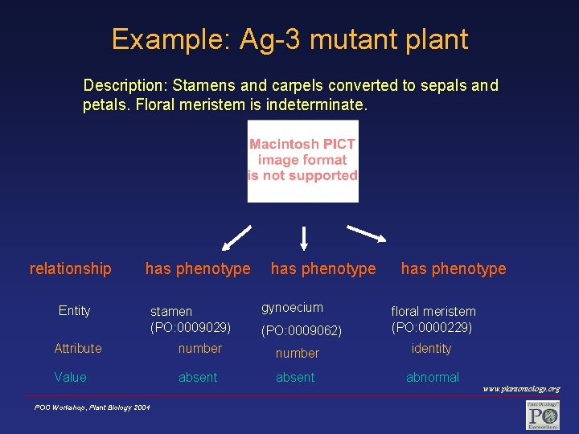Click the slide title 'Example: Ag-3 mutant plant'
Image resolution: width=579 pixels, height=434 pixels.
point(289,39)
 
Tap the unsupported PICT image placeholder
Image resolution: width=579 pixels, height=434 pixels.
point(302,161)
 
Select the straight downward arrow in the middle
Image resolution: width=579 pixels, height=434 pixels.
point(304,237)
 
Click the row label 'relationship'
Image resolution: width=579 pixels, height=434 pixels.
point(70,268)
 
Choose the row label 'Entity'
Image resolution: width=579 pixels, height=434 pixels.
point(74,311)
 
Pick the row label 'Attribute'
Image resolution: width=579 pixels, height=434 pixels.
point(78,349)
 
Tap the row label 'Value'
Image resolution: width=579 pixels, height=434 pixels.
point(70,378)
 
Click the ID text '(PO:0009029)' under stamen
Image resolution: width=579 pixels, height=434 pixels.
point(191,327)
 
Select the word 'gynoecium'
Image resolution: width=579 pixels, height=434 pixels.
point(292,308)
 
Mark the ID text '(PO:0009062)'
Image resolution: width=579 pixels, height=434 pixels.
point(302,330)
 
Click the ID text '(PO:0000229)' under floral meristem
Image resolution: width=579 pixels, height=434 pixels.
point(432,327)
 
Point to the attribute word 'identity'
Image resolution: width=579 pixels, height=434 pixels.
point(431,349)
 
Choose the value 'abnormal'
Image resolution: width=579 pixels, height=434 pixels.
point(433,378)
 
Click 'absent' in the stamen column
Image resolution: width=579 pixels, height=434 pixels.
point(198,378)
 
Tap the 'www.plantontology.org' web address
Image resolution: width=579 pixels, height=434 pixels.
point(521,390)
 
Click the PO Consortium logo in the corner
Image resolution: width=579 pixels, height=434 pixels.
point(542,415)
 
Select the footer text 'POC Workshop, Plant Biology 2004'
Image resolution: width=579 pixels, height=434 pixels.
point(92,408)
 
